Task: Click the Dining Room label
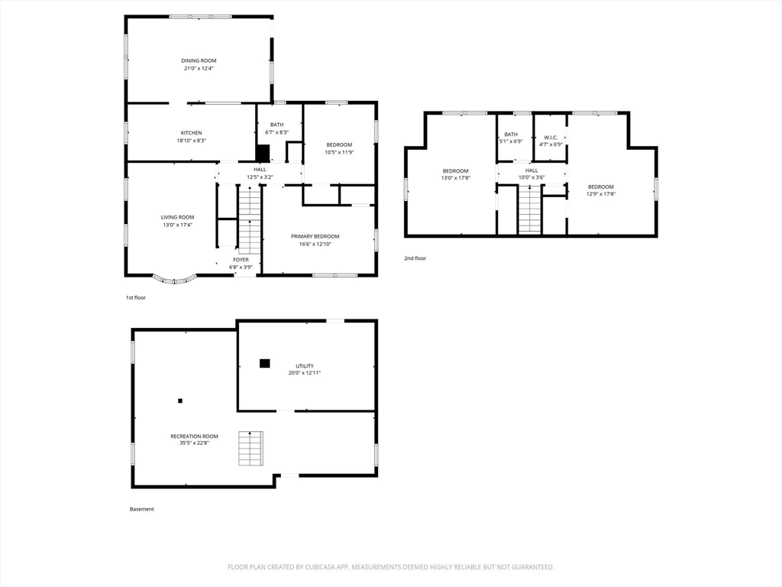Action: coord(199,60)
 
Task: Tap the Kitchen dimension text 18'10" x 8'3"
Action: coord(191,141)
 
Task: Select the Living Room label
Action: coord(177,217)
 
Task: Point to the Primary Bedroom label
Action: coord(315,236)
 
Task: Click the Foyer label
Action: coord(241,260)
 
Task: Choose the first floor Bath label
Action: coord(276,125)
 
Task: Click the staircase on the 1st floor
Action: coord(250,219)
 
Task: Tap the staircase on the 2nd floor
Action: coord(530,209)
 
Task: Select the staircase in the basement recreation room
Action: coord(250,448)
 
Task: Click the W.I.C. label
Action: coord(551,138)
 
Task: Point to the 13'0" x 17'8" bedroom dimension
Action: coord(455,177)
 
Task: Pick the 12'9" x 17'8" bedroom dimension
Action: coord(600,193)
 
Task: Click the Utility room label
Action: coord(304,366)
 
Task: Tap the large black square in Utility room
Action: coord(264,363)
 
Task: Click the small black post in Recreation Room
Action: coord(180,401)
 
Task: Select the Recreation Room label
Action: coord(194,436)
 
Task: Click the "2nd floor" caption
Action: coord(415,258)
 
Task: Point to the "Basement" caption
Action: coord(141,509)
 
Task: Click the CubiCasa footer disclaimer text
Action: coord(390,567)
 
